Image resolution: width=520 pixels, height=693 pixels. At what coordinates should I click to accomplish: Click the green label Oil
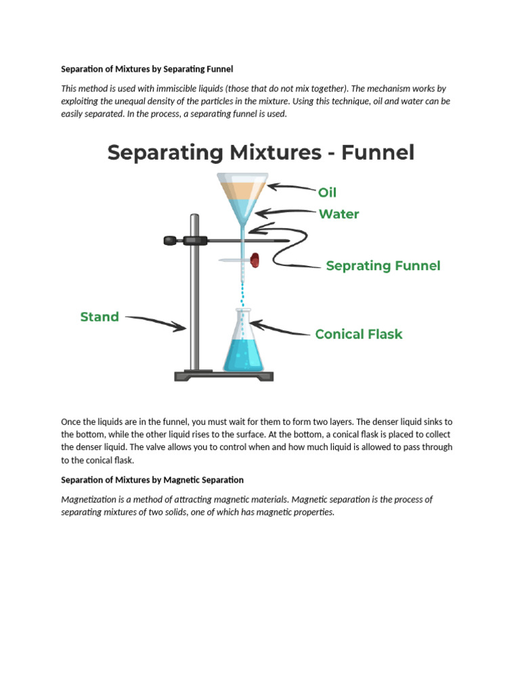(x=327, y=192)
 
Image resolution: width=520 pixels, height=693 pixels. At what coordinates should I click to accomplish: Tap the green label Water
(x=339, y=214)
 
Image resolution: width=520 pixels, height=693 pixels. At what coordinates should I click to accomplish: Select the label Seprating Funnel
(x=383, y=266)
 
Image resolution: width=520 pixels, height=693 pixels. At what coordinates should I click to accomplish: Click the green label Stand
(x=100, y=317)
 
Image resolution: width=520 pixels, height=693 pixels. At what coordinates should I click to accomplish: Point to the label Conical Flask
(x=358, y=334)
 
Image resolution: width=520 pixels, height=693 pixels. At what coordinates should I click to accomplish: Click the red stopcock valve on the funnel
(x=255, y=259)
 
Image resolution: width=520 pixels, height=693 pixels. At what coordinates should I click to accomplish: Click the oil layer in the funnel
(x=242, y=189)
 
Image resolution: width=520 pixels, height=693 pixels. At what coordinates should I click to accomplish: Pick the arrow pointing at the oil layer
(x=291, y=187)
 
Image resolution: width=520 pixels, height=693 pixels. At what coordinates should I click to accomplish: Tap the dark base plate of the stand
(x=223, y=376)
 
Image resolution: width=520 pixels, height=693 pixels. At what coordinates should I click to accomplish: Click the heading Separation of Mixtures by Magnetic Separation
(x=152, y=480)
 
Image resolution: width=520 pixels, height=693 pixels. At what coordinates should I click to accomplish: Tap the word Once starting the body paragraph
(x=71, y=422)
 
